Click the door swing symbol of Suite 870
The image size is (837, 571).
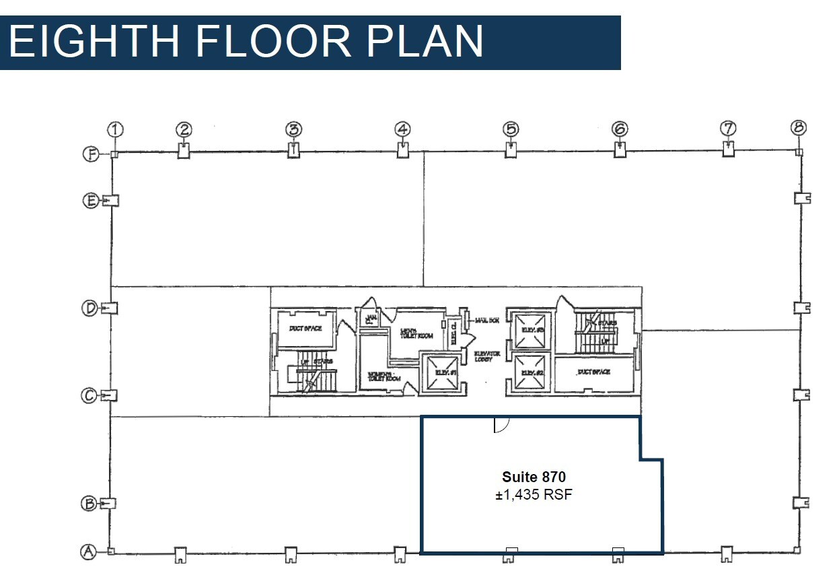pos(501,424)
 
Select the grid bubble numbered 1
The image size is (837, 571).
pos(116,129)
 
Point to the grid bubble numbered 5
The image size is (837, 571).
pos(511,128)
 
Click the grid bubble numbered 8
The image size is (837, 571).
pos(799,127)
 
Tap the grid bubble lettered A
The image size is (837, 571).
pos(87,552)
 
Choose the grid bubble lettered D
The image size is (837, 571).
pos(89,308)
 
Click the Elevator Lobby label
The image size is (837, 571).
pos(487,356)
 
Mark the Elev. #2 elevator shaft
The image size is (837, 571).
pos(529,372)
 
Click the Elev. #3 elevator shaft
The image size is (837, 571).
pos(529,330)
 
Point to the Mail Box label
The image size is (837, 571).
pos(486,320)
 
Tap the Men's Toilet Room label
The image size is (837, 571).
pos(415,333)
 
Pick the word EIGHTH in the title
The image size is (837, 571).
pos(94,41)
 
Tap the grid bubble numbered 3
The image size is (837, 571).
pos(293,129)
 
